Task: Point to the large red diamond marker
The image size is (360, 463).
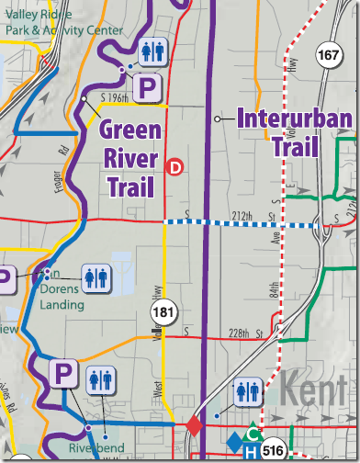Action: (194, 425)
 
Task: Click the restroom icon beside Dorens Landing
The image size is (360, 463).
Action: (96, 277)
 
